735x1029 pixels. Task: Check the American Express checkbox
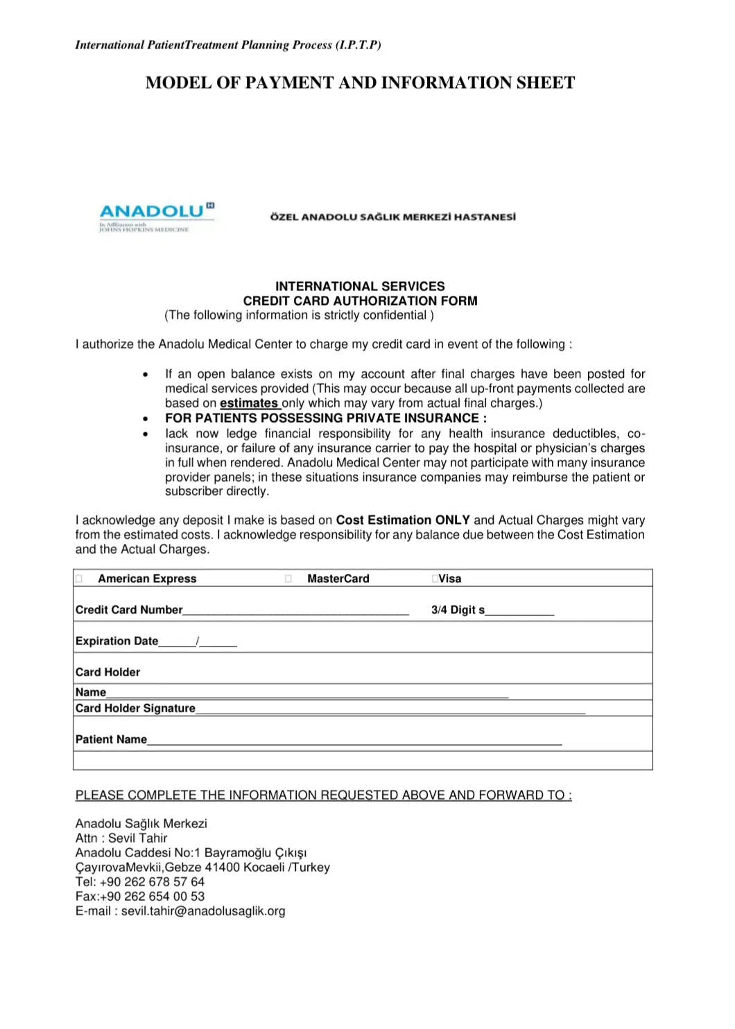coord(79,579)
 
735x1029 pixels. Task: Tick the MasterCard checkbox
coord(288,579)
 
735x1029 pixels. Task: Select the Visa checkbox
coord(434,579)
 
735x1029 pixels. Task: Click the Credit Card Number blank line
coord(296,610)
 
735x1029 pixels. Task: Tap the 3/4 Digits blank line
coord(519,611)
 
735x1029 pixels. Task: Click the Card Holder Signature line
coord(390,709)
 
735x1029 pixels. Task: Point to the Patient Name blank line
coord(354,740)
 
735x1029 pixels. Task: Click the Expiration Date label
coord(116,641)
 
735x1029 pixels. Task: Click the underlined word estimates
coord(249,403)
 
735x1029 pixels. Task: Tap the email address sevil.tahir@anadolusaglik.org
coord(203,911)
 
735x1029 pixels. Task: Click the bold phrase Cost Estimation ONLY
coord(403,520)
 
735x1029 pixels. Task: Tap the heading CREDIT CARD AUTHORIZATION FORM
coord(360,301)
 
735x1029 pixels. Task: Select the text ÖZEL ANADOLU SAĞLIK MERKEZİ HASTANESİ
coord(392,217)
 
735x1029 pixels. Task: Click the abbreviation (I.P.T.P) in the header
coord(358,45)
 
